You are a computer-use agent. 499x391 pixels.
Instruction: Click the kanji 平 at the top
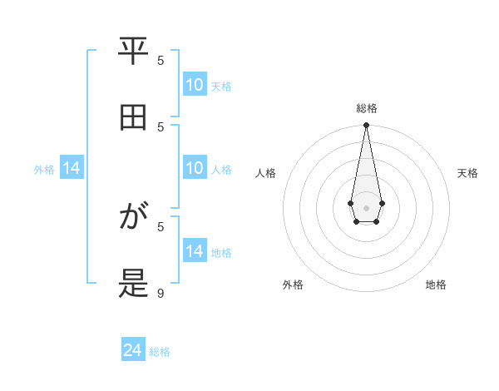pyautogui.click(x=133, y=52)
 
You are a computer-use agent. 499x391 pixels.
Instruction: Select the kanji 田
pyautogui.click(x=133, y=117)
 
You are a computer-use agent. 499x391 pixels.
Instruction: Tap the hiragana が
pyautogui.click(x=133, y=218)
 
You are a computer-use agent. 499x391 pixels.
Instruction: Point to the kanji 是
pyautogui.click(x=133, y=284)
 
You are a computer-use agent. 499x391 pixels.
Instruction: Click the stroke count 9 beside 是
pyautogui.click(x=161, y=293)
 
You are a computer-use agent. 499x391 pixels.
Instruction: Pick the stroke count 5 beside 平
pyautogui.click(x=161, y=60)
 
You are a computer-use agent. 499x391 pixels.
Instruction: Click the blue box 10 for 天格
pyautogui.click(x=195, y=85)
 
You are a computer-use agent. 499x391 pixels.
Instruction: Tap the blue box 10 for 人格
pyautogui.click(x=195, y=168)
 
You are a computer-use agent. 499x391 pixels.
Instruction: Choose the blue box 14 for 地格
pyautogui.click(x=195, y=251)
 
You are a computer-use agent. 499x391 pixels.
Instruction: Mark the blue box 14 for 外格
pyautogui.click(x=72, y=168)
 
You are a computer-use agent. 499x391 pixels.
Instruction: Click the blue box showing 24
pyautogui.click(x=133, y=351)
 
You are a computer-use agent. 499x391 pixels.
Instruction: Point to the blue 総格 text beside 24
pyautogui.click(x=160, y=352)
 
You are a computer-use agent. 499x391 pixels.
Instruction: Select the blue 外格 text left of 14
pyautogui.click(x=44, y=169)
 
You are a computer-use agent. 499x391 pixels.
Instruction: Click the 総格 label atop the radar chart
pyautogui.click(x=366, y=108)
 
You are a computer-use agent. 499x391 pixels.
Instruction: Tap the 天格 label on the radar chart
pyautogui.click(x=468, y=173)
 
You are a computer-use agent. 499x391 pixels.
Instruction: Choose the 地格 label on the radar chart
pyautogui.click(x=436, y=285)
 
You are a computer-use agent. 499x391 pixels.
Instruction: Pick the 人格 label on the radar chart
pyautogui.click(x=266, y=173)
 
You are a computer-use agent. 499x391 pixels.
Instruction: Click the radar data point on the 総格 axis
pyautogui.click(x=366, y=125)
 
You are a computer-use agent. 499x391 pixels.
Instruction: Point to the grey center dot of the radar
pyautogui.click(x=366, y=207)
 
